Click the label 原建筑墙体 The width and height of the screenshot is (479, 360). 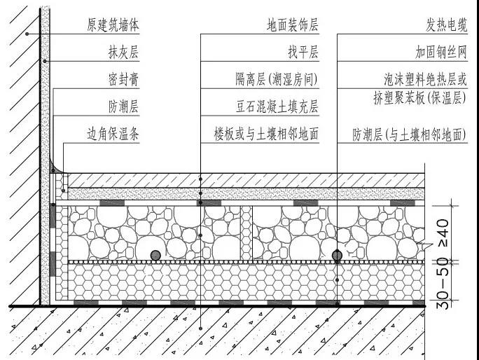click(113, 25)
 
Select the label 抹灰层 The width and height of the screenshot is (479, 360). click(123, 52)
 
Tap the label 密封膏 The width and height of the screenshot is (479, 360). click(123, 79)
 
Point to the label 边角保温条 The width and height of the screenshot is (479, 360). click(113, 134)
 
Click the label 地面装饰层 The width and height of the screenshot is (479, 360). click(293, 25)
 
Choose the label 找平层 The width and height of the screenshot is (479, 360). click(303, 52)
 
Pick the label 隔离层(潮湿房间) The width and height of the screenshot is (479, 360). click(277, 79)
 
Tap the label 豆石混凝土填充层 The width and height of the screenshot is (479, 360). click(277, 106)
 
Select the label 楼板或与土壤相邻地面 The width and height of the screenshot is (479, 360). click(266, 134)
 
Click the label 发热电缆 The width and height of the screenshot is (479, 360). click(447, 25)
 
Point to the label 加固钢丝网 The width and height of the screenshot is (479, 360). click(441, 52)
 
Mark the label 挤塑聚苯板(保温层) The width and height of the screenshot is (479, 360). click(420, 98)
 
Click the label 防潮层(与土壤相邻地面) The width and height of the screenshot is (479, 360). click(410, 134)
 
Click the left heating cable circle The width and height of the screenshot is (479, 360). click(155, 256)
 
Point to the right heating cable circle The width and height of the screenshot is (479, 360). click(337, 256)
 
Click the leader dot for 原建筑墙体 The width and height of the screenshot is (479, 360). click(27, 34)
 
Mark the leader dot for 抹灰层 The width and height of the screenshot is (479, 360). click(45, 61)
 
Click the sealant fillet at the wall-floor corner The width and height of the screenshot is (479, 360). click(54, 168)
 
